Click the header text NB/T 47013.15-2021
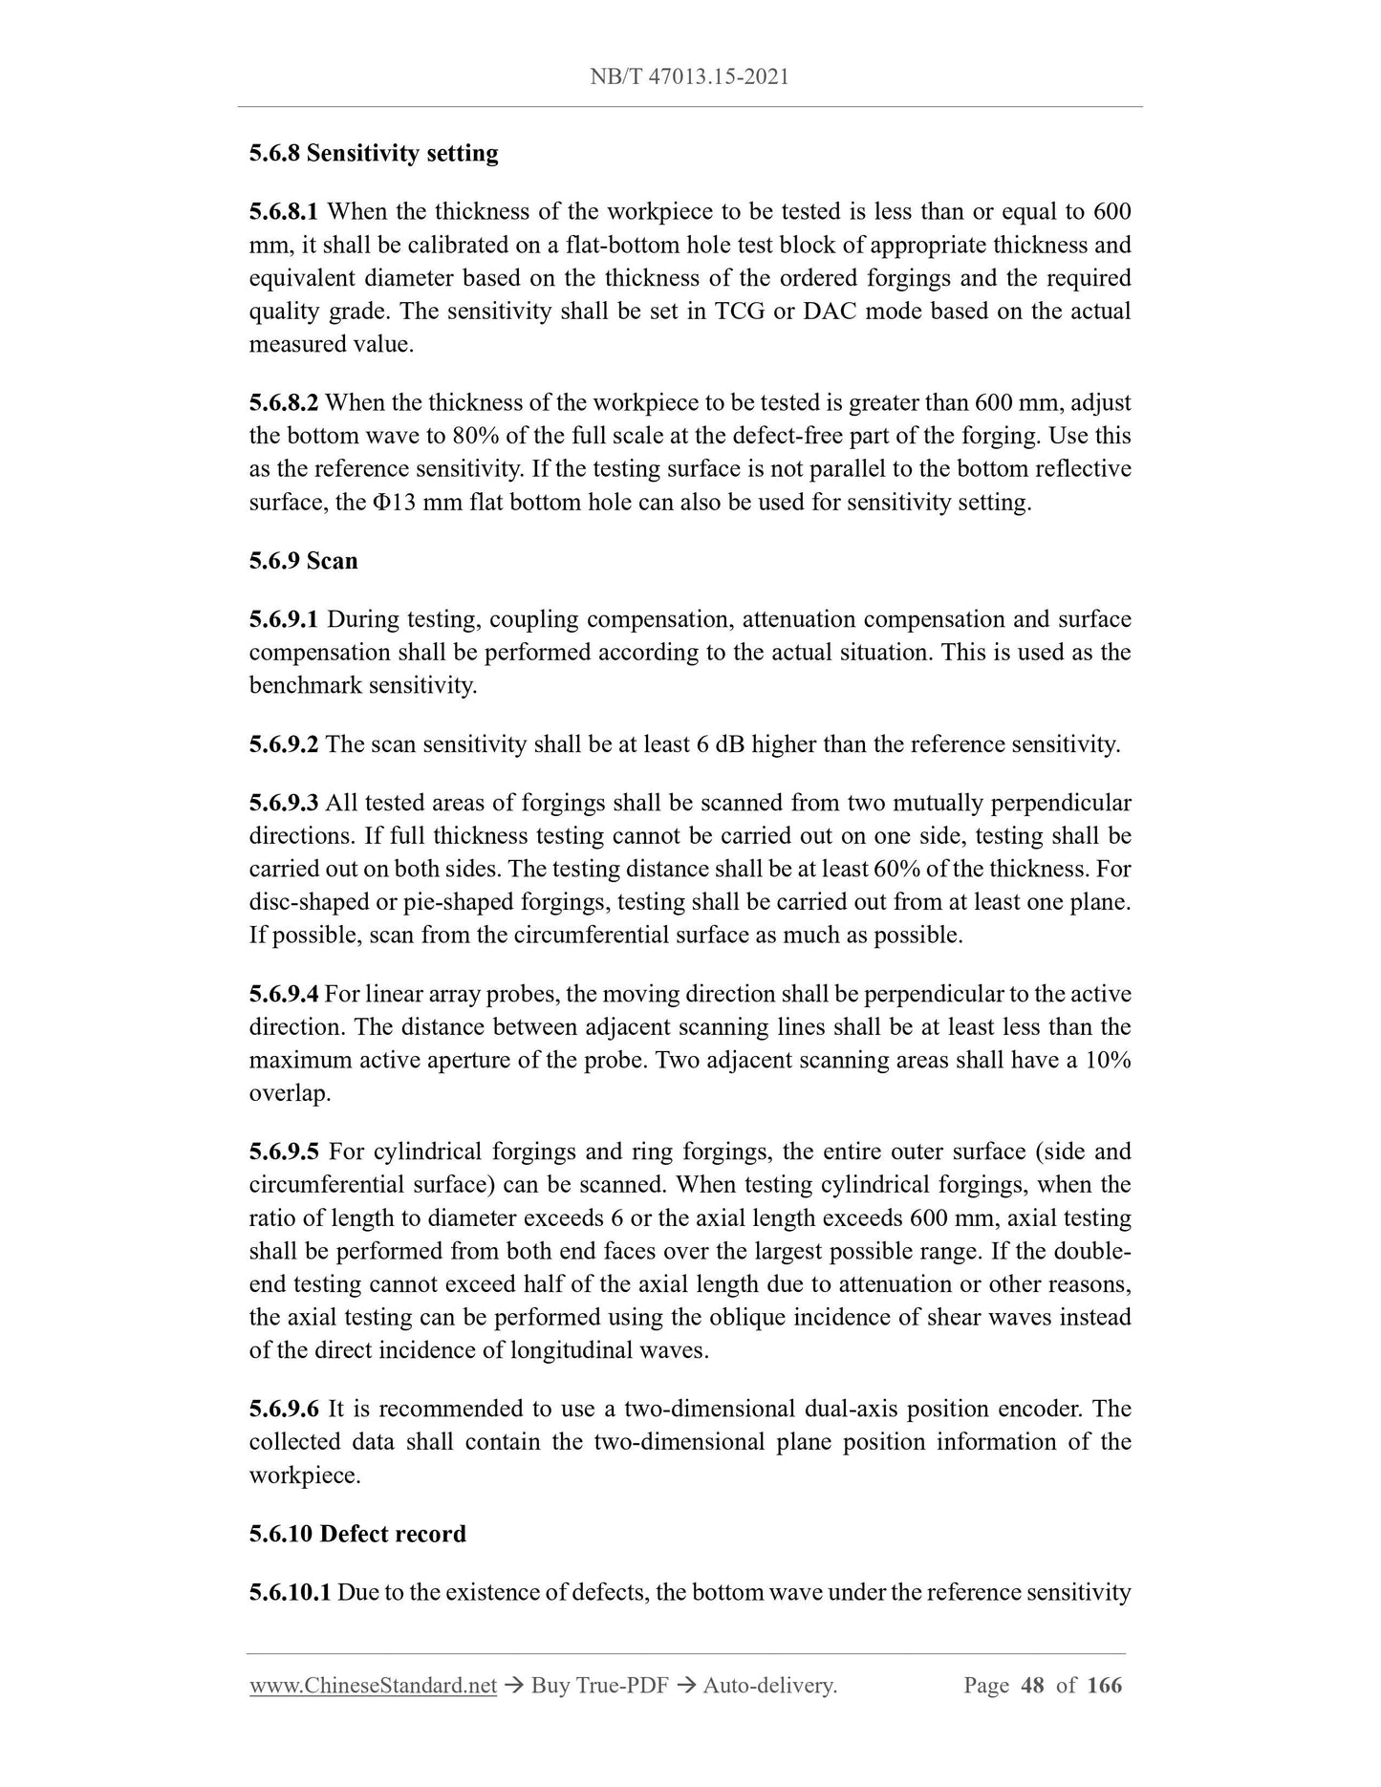[x=689, y=77]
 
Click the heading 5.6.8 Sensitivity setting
[x=374, y=154]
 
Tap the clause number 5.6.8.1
[x=284, y=212]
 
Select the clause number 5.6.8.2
[x=284, y=403]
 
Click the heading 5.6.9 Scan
[x=303, y=561]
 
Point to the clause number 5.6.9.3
[x=284, y=803]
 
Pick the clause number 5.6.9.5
[x=284, y=1152]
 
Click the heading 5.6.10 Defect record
[x=357, y=1534]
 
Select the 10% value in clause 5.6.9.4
[x=1109, y=1061]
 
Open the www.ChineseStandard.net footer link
[x=373, y=1686]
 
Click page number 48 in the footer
[x=1032, y=1686]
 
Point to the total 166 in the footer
[x=1104, y=1686]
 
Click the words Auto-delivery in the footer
[x=769, y=1686]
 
